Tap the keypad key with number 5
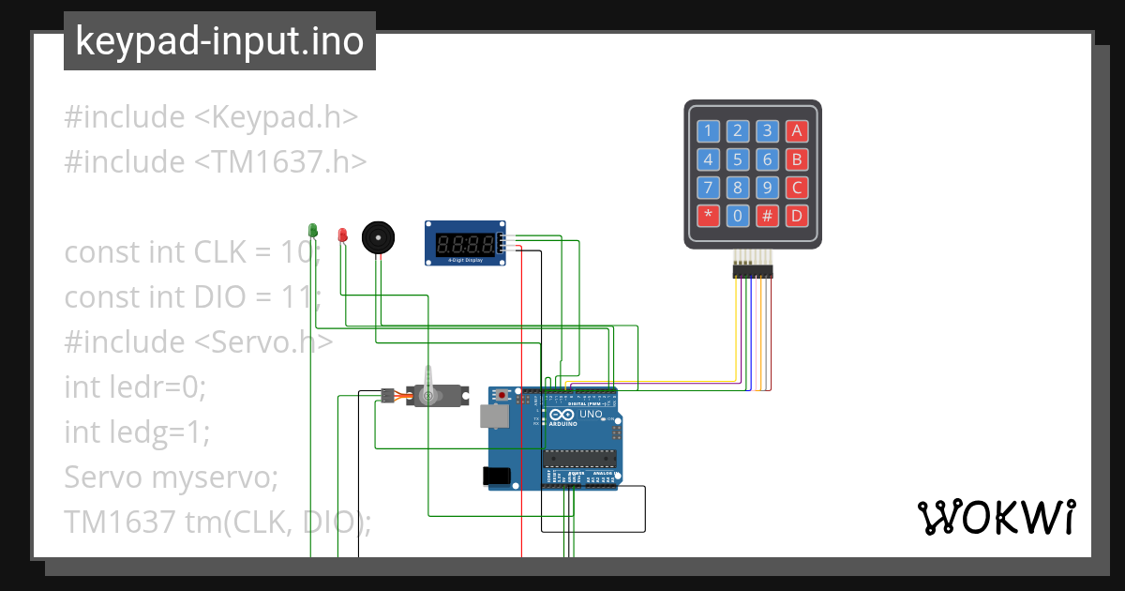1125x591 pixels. (738, 159)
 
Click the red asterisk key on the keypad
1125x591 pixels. (708, 216)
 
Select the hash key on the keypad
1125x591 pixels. (768, 216)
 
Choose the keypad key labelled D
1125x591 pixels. (797, 216)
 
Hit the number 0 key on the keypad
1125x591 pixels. (738, 216)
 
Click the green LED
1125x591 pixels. (313, 230)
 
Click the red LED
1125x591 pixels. (342, 234)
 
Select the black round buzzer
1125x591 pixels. (378, 237)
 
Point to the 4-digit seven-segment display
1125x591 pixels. (466, 244)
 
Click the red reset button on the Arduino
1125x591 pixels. (502, 396)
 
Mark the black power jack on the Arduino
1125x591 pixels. (497, 477)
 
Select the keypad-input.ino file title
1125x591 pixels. (219, 41)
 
